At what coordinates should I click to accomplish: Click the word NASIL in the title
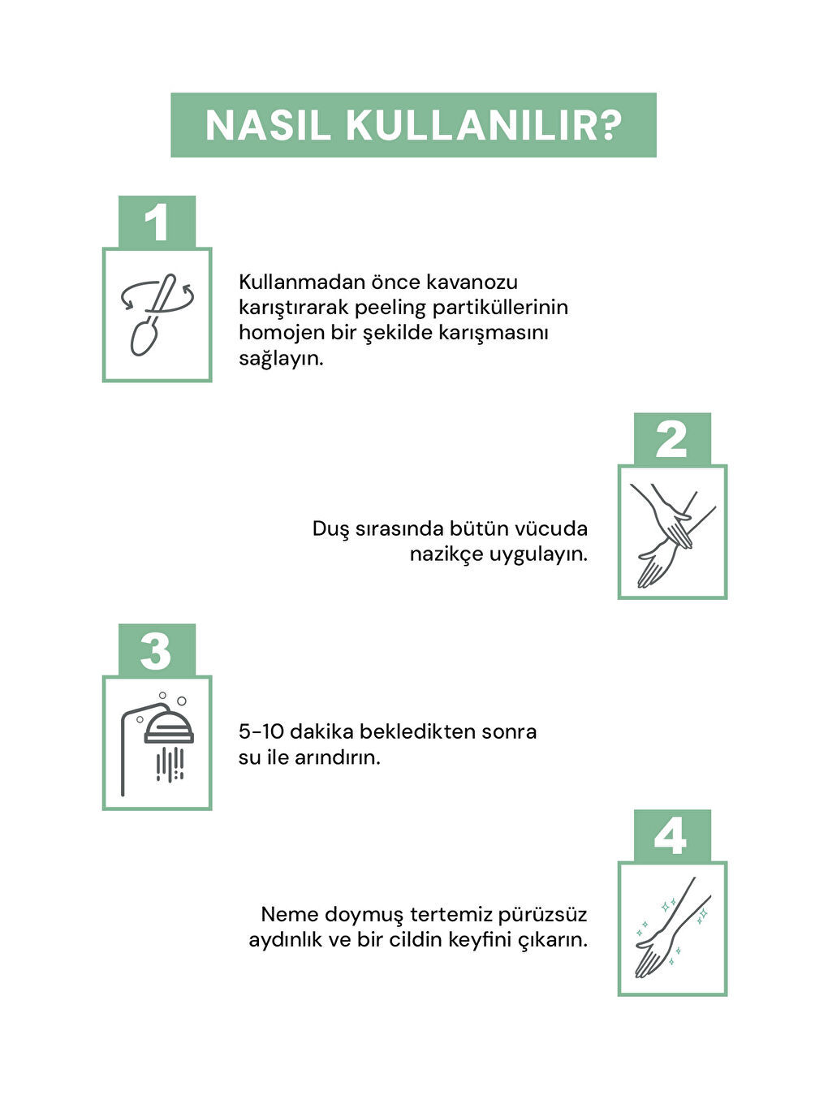[268, 125]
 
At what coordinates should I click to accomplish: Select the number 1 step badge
[157, 222]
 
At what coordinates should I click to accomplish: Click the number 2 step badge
[671, 439]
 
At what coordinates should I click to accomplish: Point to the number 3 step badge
[157, 650]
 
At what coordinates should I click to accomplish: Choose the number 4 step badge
[671, 836]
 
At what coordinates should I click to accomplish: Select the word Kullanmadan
[302, 282]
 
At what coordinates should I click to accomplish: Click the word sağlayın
[281, 360]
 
